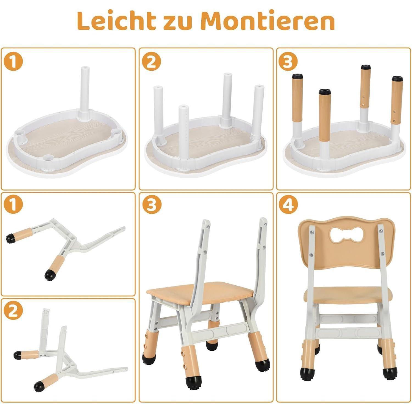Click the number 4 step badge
(288, 205)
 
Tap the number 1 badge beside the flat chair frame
(13, 205)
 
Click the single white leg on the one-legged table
(85, 92)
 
